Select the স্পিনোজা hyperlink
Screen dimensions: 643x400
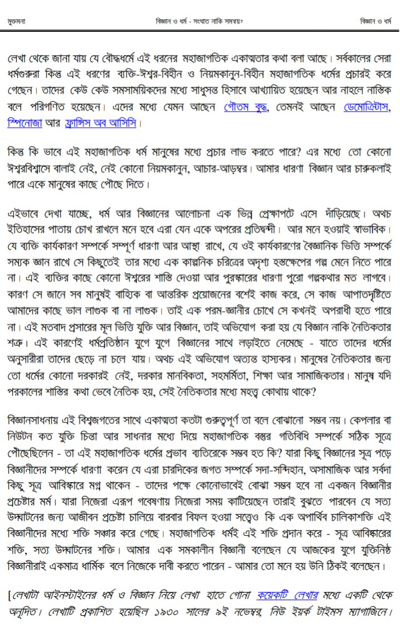(x=26, y=121)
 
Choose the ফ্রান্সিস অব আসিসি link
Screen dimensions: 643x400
(x=101, y=121)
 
